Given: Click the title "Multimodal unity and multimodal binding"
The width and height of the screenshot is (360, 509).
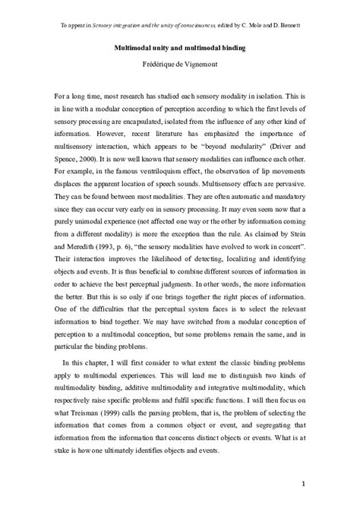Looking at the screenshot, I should [179, 47].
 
